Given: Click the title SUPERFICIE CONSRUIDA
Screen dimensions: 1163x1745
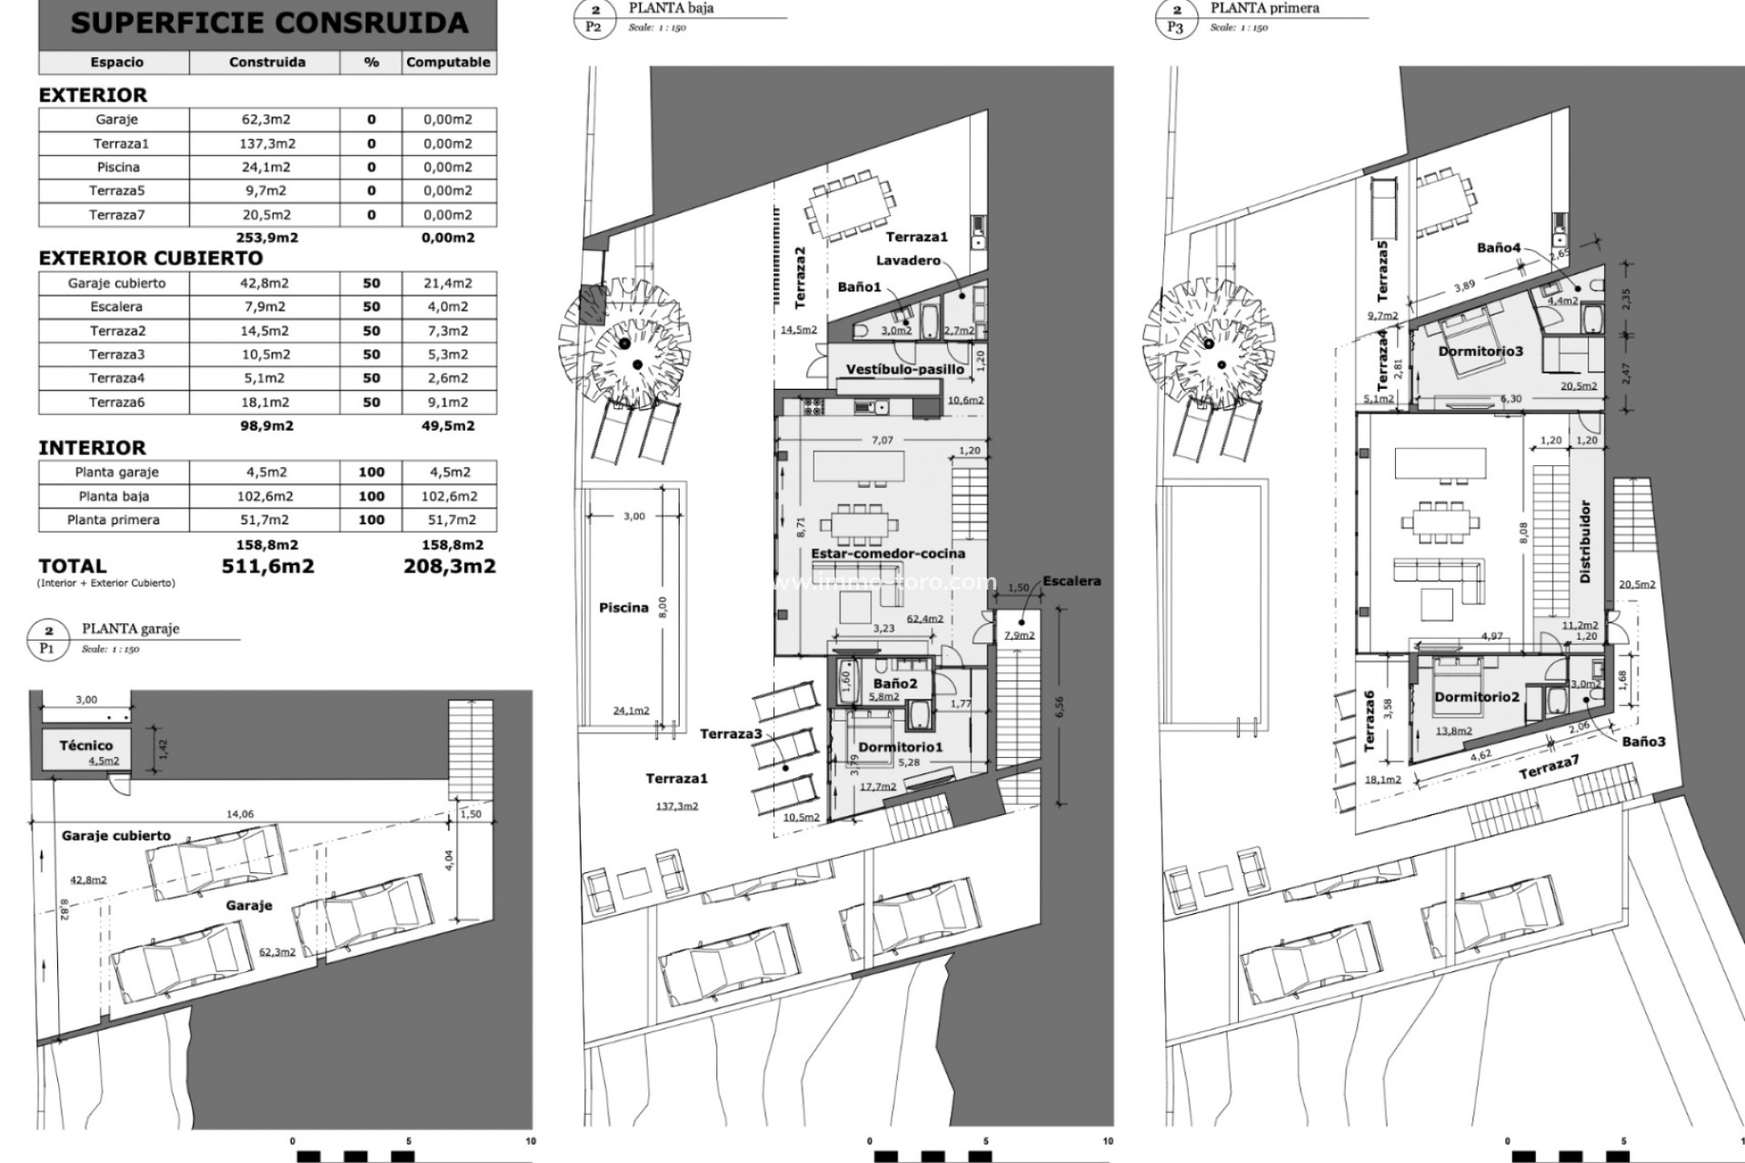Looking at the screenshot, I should coord(268,23).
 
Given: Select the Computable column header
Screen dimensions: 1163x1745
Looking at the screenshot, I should coord(448,63).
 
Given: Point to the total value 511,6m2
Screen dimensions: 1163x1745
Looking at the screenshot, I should coord(268,566).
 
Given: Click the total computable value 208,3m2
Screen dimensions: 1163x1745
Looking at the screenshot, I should coord(449,566).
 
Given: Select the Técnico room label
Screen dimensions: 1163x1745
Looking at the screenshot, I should coord(86,745).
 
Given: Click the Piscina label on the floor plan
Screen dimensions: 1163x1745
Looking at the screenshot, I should coord(623,608).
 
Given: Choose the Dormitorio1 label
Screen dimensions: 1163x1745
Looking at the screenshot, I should coord(901,747).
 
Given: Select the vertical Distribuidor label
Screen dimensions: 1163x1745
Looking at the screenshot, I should coord(1585,542).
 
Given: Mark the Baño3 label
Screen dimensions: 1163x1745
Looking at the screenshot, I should coord(1644,741).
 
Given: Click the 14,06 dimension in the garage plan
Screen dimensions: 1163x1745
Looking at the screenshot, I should coord(240,814).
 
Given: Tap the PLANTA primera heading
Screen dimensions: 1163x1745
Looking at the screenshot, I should coord(1264,8).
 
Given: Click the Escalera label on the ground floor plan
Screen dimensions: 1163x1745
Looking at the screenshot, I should coord(1072,581).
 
